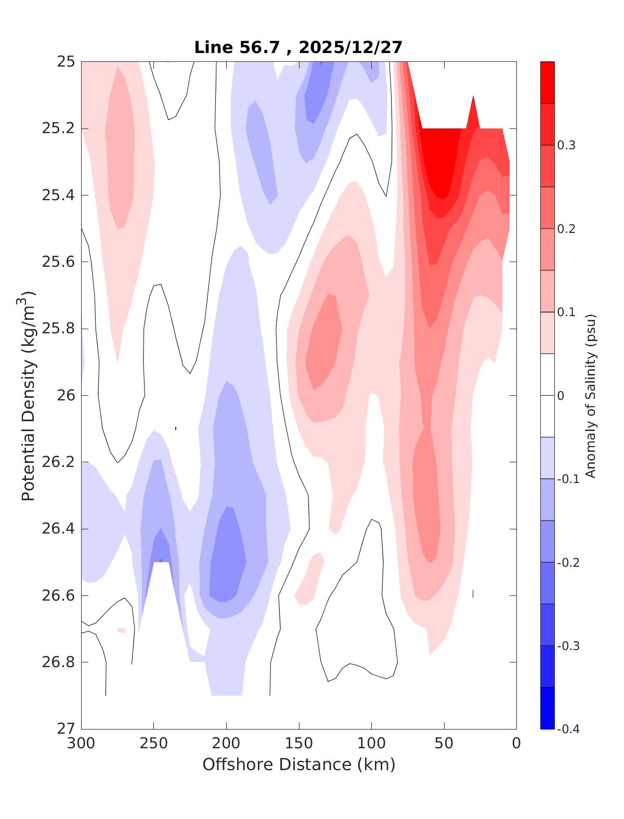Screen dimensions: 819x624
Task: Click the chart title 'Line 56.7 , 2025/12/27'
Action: point(298,47)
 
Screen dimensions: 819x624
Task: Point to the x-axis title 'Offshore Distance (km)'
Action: point(298,764)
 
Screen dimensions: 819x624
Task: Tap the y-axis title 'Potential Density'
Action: point(29,395)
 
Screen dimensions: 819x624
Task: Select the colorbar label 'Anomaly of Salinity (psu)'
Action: point(590,395)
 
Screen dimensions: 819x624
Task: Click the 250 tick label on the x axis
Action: point(154,744)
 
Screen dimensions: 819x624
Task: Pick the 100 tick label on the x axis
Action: point(371,744)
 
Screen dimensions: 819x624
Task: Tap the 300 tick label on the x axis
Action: point(82,744)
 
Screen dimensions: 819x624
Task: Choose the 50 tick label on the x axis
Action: point(444,744)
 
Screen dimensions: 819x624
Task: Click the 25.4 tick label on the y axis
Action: point(58,196)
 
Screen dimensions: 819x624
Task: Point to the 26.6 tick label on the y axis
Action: point(58,595)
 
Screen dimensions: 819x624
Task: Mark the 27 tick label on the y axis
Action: point(65,729)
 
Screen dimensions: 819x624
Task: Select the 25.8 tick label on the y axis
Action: point(58,329)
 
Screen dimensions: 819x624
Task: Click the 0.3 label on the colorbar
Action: point(566,145)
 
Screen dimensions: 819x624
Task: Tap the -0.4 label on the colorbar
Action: point(568,729)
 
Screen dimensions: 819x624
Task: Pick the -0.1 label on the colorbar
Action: point(568,479)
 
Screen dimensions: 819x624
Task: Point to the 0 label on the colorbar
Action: point(561,396)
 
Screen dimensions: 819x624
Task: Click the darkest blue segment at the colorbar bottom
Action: point(548,708)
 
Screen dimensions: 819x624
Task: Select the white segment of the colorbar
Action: point(548,395)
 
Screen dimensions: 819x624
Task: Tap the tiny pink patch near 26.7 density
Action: point(121,630)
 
